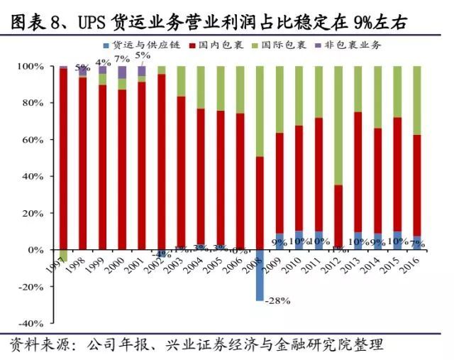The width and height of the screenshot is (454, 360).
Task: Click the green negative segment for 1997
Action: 64,256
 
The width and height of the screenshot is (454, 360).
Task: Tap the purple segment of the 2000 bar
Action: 122,72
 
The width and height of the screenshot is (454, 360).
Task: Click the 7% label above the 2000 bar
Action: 121,58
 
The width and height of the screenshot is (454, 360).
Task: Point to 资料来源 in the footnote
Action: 40,345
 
